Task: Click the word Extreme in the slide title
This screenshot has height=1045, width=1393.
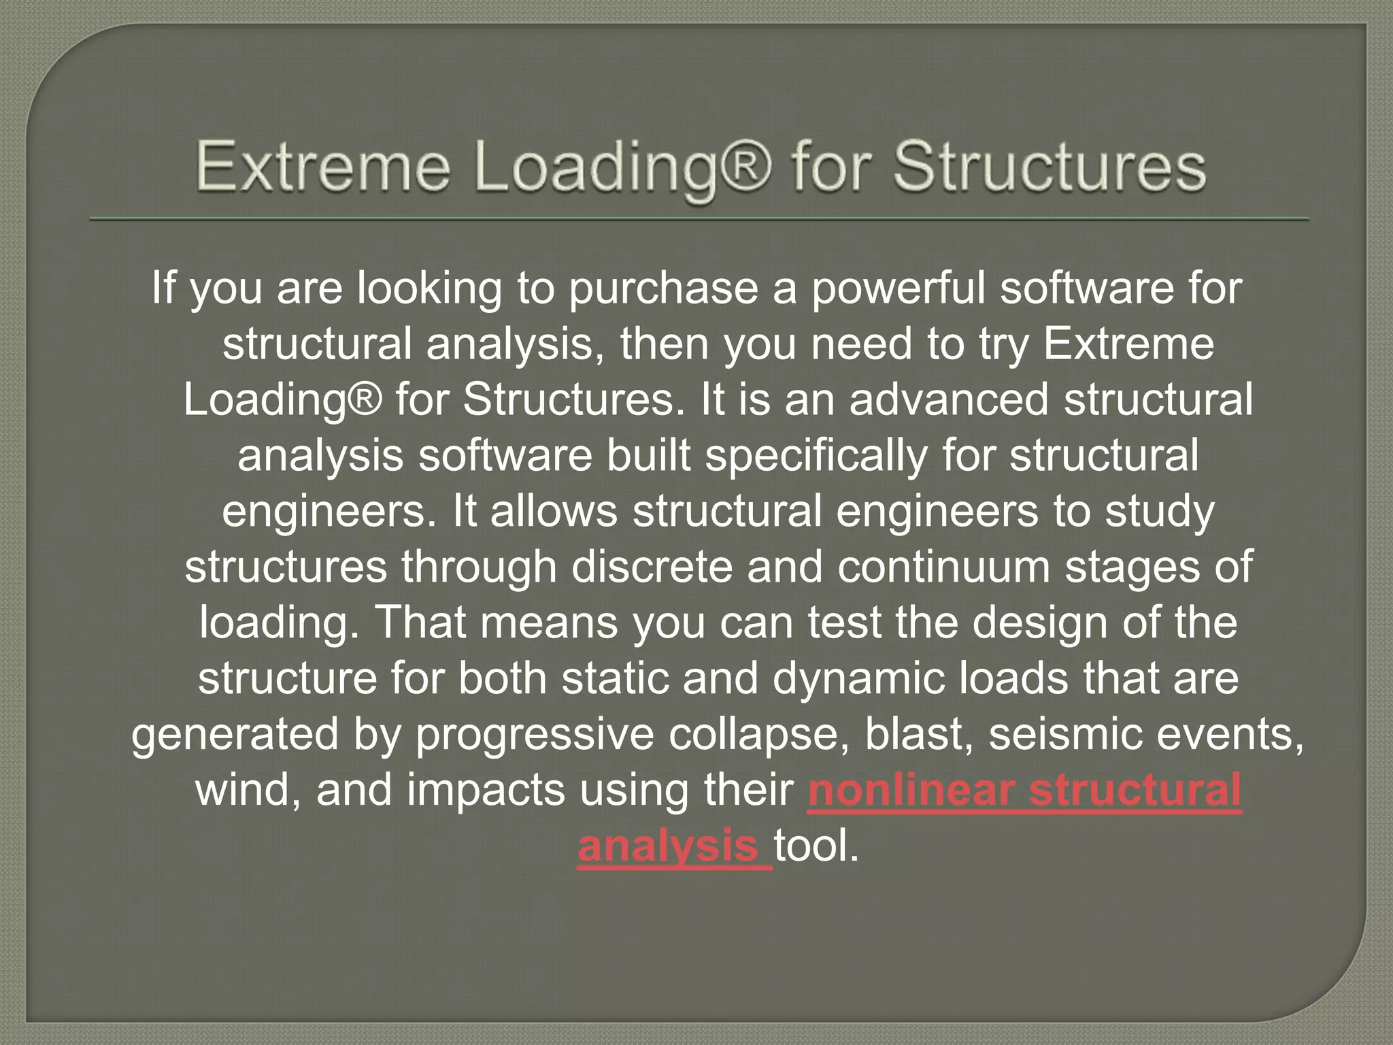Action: [323, 167]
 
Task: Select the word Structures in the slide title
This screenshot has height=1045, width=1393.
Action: [1050, 167]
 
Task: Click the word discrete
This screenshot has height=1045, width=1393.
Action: [652, 567]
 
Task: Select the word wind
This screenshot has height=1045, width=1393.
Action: [246, 791]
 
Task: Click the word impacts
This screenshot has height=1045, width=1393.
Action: [486, 791]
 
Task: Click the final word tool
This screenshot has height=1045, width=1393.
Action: [816, 846]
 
